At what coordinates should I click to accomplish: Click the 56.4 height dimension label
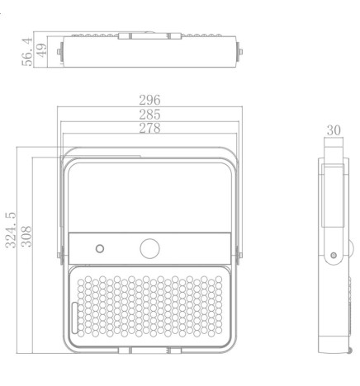tap(28, 51)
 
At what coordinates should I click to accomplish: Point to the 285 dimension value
tap(149, 115)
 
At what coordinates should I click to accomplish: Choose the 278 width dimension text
tap(149, 128)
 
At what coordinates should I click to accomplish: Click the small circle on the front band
tap(101, 248)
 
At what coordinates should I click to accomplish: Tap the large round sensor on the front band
tap(149, 247)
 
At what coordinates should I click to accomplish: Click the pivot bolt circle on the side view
tap(333, 257)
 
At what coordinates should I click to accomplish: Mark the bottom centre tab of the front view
tap(150, 351)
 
